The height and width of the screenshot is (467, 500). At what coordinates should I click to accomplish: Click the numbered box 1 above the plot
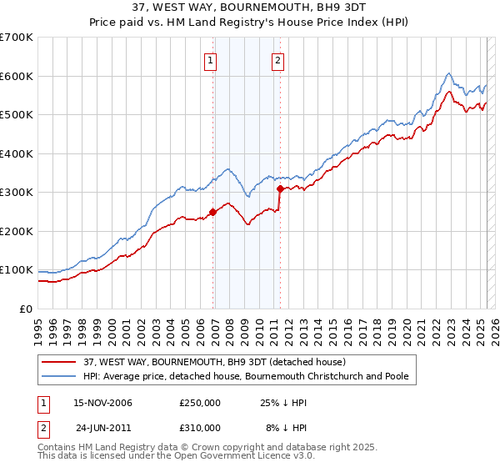211,60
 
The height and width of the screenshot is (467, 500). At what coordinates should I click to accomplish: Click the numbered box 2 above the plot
277,60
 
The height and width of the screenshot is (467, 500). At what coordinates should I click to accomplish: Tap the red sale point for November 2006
212,212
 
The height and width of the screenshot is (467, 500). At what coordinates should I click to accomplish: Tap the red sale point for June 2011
280,189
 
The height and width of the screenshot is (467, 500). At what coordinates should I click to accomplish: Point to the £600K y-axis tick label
17,76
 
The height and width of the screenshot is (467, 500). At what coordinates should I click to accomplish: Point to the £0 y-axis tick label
27,309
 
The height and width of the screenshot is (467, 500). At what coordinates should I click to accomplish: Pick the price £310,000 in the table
200,427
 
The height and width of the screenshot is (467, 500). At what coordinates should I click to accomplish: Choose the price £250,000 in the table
200,404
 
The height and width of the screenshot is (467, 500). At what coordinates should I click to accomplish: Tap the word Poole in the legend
394,376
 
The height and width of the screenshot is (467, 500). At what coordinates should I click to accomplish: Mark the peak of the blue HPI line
448,73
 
